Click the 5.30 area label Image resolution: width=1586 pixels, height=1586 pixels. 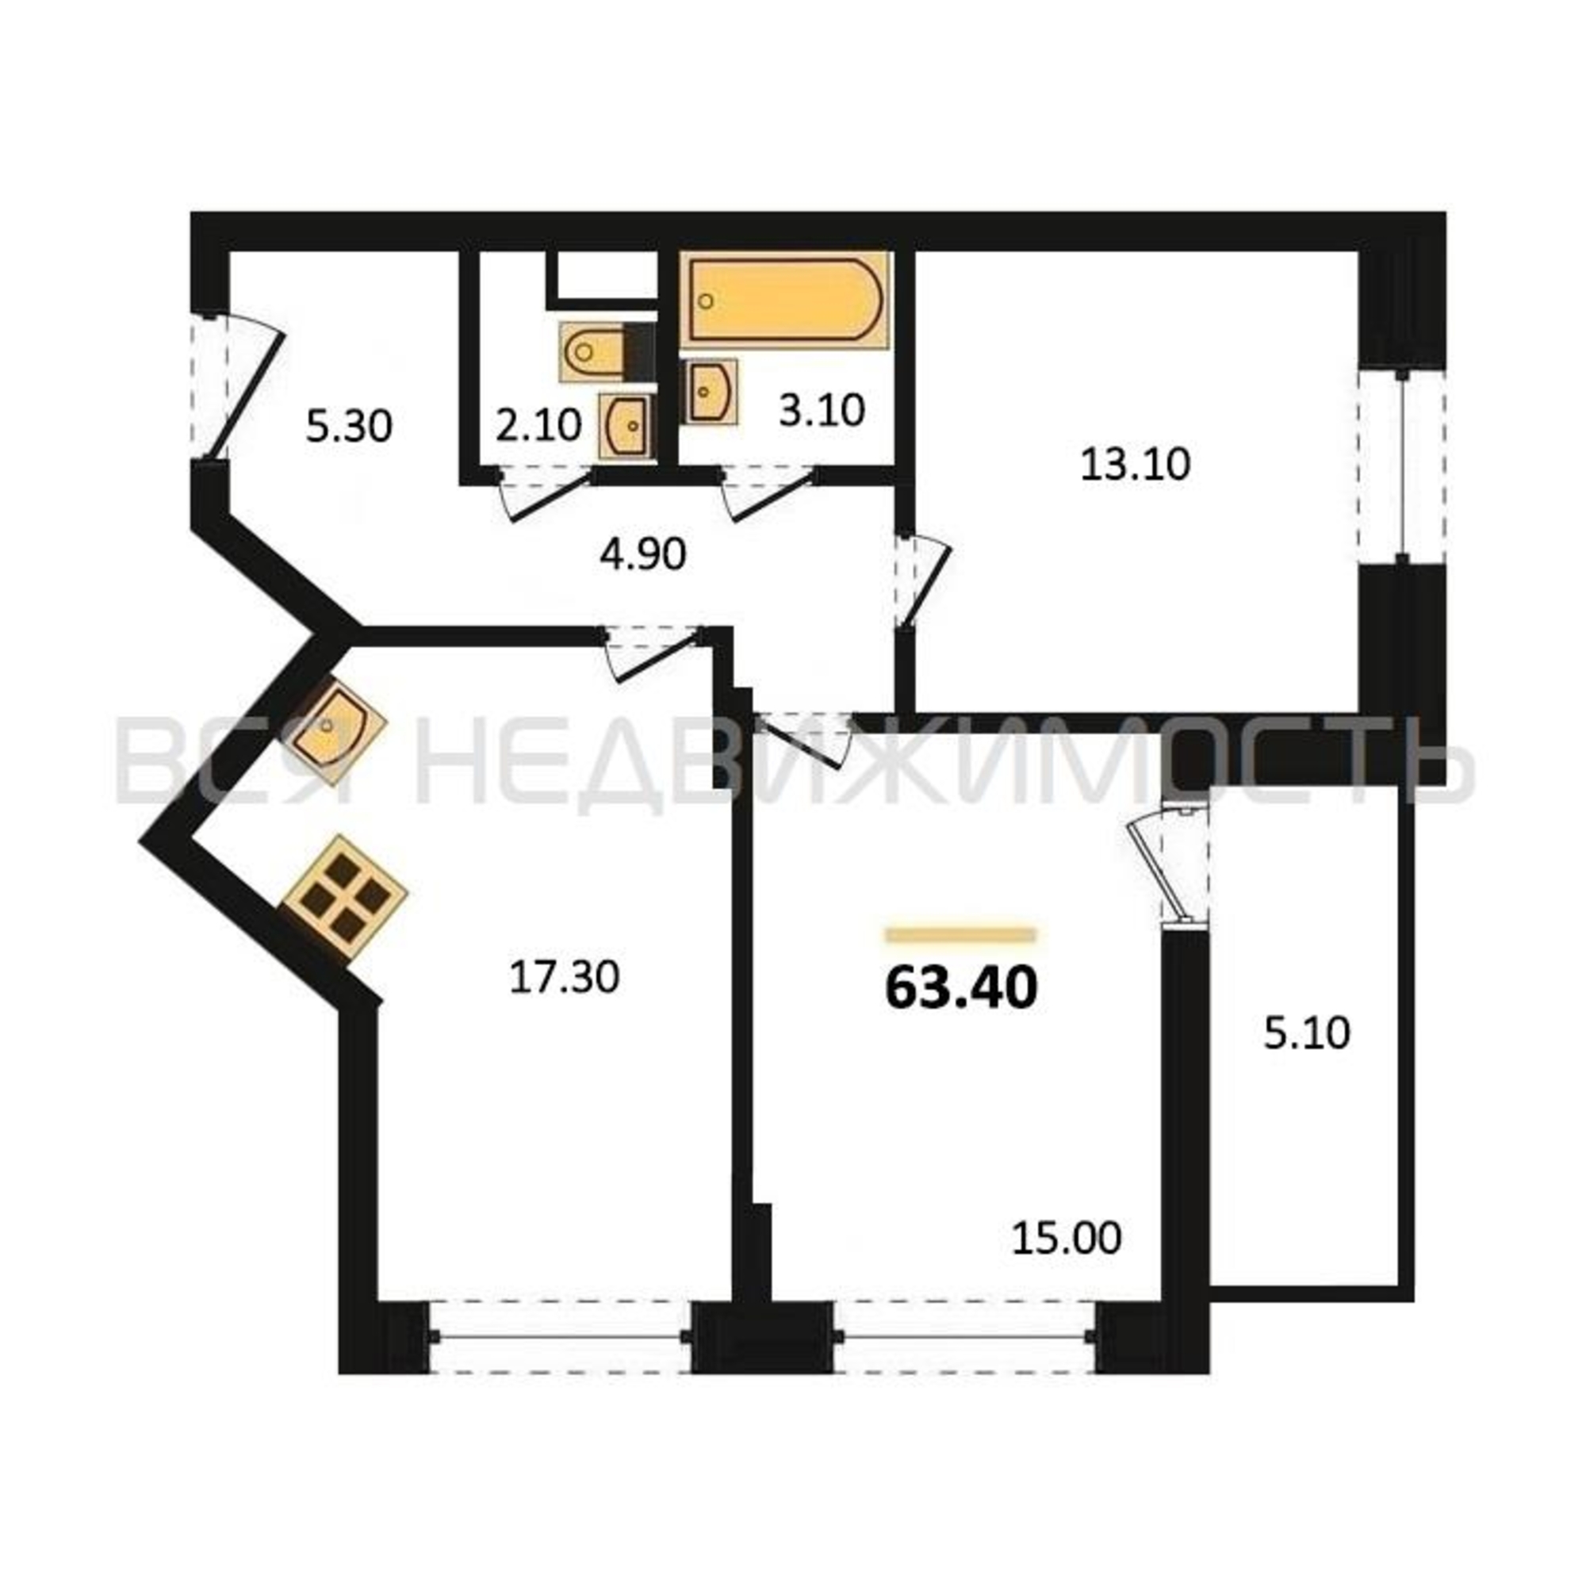click(350, 427)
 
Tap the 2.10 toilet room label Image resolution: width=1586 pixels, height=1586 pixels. click(538, 425)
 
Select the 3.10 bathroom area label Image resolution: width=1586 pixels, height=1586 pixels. click(822, 410)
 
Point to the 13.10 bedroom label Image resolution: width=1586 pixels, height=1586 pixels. click(1136, 465)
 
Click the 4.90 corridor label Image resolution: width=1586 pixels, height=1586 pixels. click(643, 555)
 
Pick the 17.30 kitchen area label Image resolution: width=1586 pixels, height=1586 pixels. click(564, 978)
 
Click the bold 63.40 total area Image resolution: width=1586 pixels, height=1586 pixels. click(961, 987)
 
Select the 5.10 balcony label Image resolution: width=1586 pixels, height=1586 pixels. click(1307, 1033)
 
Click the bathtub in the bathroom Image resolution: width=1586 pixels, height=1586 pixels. click(786, 300)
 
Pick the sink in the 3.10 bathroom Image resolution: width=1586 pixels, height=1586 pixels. click(710, 392)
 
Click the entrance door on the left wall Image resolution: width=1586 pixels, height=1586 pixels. click(238, 386)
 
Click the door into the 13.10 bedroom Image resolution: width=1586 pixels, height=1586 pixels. click(924, 584)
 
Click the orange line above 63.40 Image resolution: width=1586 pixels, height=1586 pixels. click(960, 934)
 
